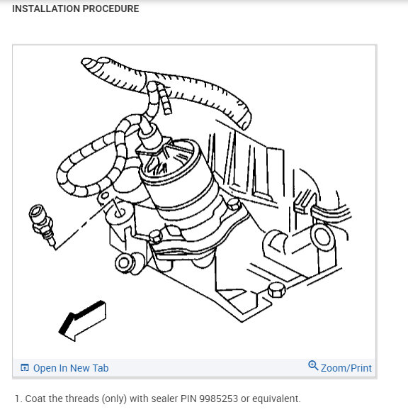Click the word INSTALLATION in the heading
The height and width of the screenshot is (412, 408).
pyautogui.click(x=45, y=9)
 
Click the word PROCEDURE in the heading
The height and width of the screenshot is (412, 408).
pyautogui.click(x=110, y=9)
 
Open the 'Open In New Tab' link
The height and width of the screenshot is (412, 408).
pyautogui.click(x=71, y=368)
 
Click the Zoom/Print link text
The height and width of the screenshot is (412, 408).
pyautogui.click(x=346, y=368)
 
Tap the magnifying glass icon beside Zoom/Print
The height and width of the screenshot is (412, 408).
pyautogui.click(x=313, y=365)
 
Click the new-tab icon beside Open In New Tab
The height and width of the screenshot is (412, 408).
pyautogui.click(x=24, y=367)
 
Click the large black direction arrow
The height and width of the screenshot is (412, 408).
pyautogui.click(x=82, y=321)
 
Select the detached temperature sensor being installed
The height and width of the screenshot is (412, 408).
pyautogui.click(x=42, y=226)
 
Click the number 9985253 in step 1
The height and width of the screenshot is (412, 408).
pyautogui.click(x=218, y=399)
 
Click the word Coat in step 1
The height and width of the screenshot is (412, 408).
pyautogui.click(x=35, y=399)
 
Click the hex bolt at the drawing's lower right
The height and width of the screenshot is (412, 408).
pyautogui.click(x=276, y=290)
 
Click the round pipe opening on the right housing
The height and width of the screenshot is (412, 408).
pyautogui.click(x=322, y=238)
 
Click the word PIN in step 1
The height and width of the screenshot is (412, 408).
pyautogui.click(x=188, y=399)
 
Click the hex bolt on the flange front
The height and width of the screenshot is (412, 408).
pyautogui.click(x=156, y=236)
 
